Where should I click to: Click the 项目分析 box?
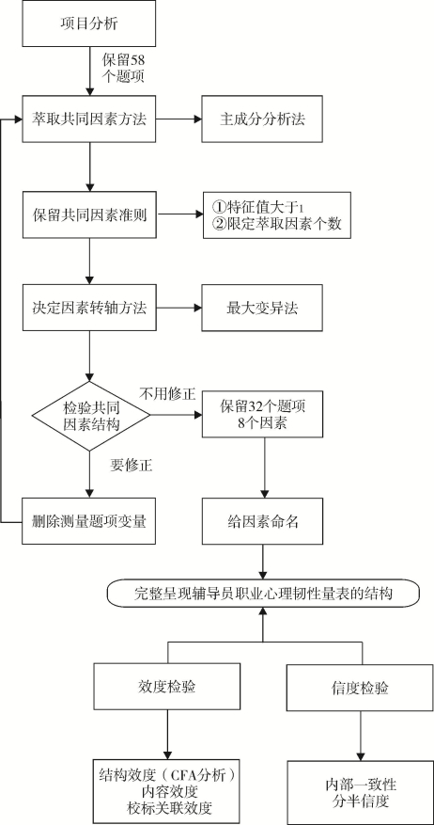[89, 24]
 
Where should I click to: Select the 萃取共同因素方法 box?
[89, 119]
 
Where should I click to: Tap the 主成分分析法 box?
[262, 119]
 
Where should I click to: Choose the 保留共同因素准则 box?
[89, 214]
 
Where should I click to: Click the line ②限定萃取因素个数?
[276, 224]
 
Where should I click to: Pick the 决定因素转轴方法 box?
[89, 309]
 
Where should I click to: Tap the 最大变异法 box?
[262, 309]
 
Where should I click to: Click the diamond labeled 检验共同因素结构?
[90, 416]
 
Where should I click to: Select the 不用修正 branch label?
[167, 394]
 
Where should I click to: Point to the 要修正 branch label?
[132, 465]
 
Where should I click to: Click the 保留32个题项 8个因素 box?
[262, 414]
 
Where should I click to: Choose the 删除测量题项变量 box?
[89, 521]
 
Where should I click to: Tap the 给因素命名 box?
[262, 521]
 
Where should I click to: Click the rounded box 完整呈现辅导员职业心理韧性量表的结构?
[263, 594]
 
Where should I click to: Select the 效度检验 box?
[167, 687]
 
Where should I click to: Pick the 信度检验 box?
[361, 688]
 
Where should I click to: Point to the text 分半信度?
[361, 801]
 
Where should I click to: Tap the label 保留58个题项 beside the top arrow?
[122, 67]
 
